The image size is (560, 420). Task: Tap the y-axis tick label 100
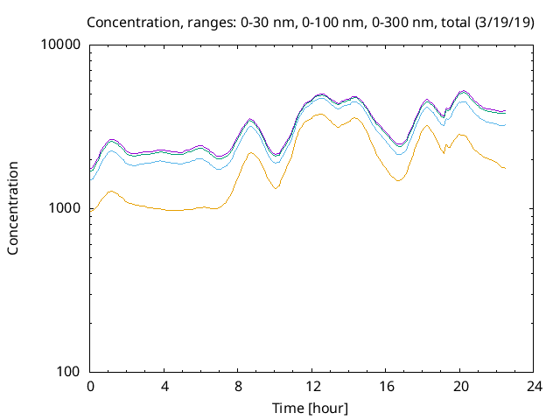pos(70,372)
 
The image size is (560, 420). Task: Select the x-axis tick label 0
pos(90,386)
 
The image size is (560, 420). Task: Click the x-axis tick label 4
pos(164,386)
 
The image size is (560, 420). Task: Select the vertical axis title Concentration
pos(13,208)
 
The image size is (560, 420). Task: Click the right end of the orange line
pos(506,168)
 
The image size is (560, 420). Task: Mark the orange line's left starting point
pos(90,212)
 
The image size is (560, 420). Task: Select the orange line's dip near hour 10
pos(276,188)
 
